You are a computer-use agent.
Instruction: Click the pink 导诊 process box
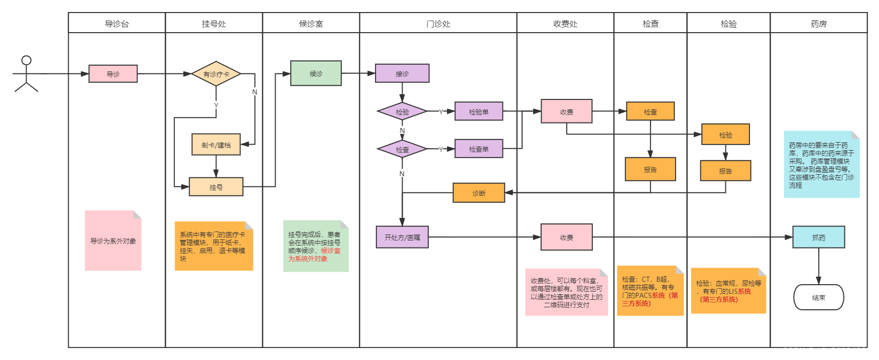(113, 74)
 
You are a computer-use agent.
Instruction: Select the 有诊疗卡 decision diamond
(216, 74)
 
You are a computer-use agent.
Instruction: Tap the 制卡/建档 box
(216, 145)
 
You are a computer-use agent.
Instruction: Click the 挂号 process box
(216, 187)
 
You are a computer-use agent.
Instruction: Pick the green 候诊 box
(316, 73)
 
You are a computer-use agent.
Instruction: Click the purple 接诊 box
(402, 73)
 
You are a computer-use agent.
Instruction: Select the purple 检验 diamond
(402, 111)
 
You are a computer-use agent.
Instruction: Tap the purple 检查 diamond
(402, 149)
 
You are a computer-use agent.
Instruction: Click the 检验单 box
(478, 111)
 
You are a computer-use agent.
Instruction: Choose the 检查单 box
(478, 149)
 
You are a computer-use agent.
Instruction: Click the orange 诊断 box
(478, 193)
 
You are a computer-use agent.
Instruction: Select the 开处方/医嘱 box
(402, 237)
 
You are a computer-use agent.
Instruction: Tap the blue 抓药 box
(818, 237)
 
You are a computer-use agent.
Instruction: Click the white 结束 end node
(818, 297)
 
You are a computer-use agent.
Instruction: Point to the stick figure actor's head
(26, 60)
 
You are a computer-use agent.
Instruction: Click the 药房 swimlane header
(818, 24)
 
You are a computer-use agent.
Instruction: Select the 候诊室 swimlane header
(311, 24)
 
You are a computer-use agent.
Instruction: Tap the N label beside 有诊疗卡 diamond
(255, 91)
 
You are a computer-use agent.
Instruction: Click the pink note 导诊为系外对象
(113, 241)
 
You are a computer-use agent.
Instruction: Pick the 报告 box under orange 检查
(650, 169)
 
